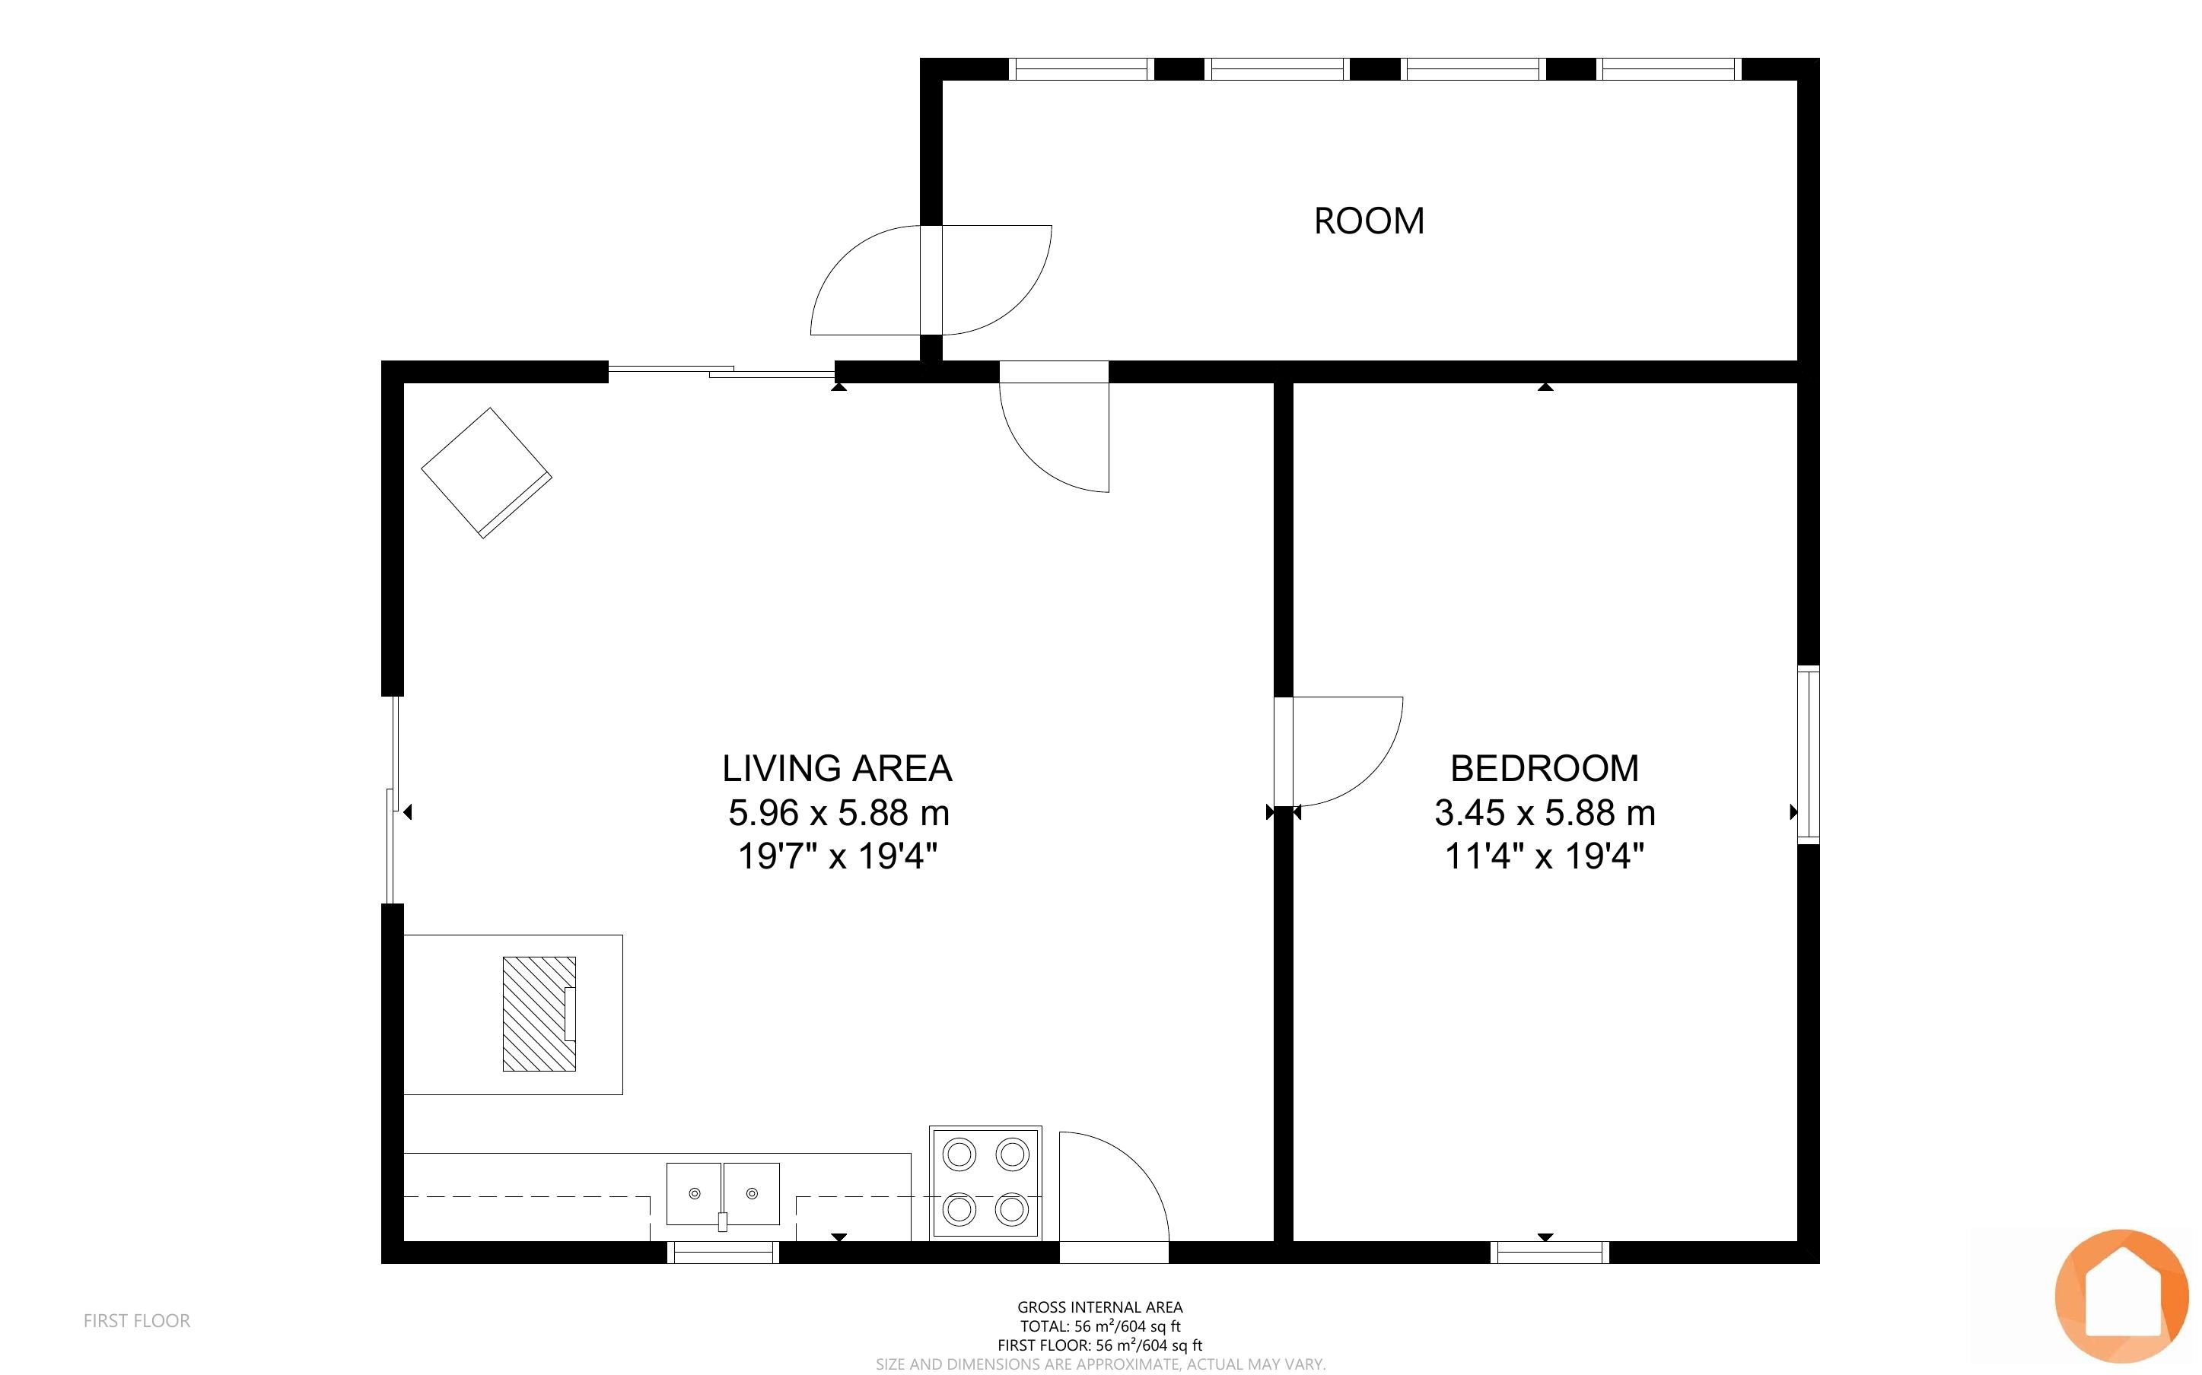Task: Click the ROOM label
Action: click(x=1369, y=221)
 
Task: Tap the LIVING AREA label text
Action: click(x=837, y=768)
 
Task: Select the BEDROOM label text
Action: click(x=1545, y=768)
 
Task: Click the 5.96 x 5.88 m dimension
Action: click(x=838, y=812)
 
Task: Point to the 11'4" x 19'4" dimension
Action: click(x=1545, y=856)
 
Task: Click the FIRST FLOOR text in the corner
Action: click(x=136, y=1320)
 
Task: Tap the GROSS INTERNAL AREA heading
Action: click(x=1099, y=1307)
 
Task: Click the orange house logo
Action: click(x=2121, y=1296)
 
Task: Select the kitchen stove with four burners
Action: click(x=985, y=1182)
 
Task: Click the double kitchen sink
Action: click(x=723, y=1195)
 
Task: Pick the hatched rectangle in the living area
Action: click(x=539, y=1013)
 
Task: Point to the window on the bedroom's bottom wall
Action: click(x=1550, y=1253)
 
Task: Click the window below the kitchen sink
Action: click(x=723, y=1253)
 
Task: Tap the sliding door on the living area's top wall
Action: click(x=721, y=370)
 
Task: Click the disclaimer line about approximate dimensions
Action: click(x=1100, y=1364)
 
